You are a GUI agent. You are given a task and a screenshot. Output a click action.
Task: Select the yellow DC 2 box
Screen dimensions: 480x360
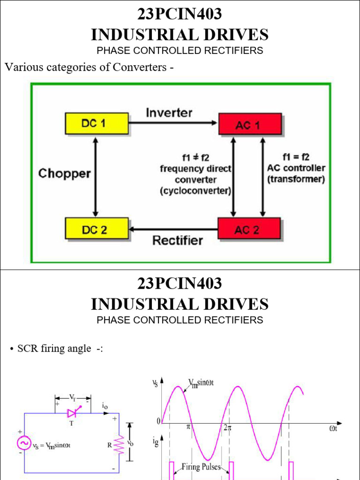[x=97, y=229]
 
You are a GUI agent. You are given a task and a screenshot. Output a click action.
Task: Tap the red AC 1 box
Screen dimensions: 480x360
[x=250, y=124]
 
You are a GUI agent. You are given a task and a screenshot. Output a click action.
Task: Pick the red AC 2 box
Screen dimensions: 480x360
[x=249, y=229]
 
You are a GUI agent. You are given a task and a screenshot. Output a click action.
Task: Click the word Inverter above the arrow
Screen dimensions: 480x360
[x=169, y=112]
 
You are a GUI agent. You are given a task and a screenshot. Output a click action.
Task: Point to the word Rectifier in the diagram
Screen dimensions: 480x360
[x=178, y=240]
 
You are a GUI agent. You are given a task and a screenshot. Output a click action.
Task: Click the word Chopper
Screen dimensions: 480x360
[x=64, y=174]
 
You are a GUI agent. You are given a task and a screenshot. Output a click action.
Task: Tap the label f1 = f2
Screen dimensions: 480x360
[x=296, y=157]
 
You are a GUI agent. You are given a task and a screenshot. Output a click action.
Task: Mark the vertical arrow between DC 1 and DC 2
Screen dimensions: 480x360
[x=96, y=176]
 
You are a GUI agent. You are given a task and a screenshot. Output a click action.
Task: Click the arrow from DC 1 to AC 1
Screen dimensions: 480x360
[x=173, y=123]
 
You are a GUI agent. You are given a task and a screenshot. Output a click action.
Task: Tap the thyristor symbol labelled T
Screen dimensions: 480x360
[x=72, y=413]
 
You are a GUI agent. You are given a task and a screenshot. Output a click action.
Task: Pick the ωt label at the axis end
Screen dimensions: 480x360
[x=333, y=428]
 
